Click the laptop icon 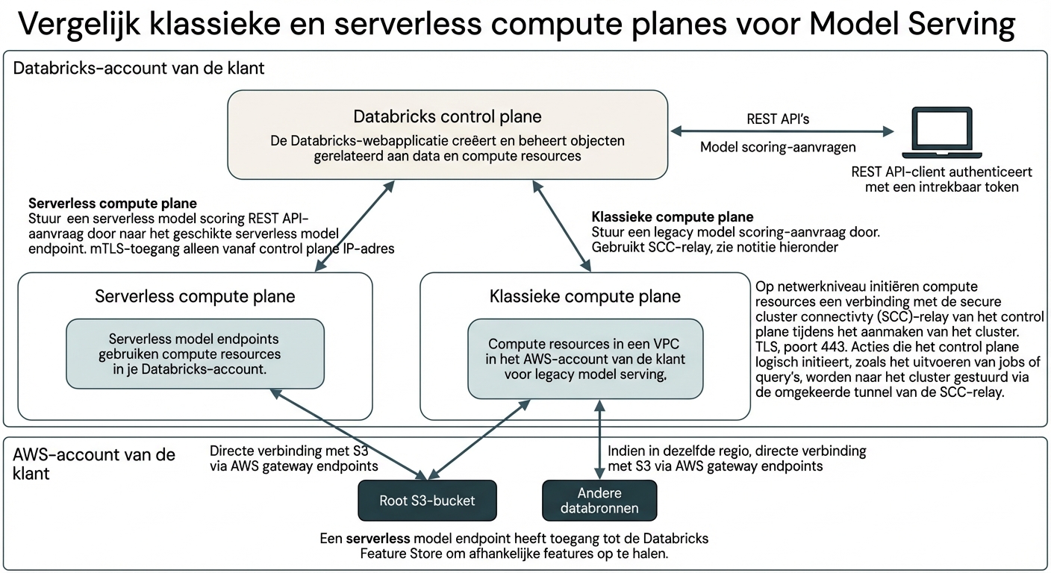tap(941, 131)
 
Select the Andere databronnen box tap(599, 501)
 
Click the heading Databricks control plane tap(447, 116)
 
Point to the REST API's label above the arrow tap(781, 119)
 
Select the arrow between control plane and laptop tap(781, 132)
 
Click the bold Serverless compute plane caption tap(113, 204)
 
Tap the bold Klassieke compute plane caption tap(672, 217)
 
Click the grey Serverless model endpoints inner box tap(195, 354)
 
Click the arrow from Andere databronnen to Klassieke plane tap(599, 440)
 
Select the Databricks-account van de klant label tap(139, 69)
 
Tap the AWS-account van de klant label tap(95, 463)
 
